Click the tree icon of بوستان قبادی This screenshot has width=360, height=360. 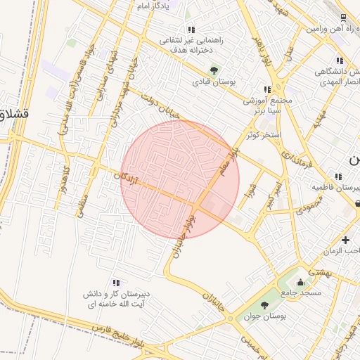[x=214, y=70]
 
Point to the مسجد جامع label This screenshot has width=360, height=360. [x=301, y=292]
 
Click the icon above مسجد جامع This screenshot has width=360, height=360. [x=302, y=281]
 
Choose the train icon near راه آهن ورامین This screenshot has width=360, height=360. [x=342, y=18]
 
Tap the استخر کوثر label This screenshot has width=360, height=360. [x=264, y=134]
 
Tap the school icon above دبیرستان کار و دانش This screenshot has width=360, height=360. [x=115, y=282]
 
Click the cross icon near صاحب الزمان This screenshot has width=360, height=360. [x=345, y=240]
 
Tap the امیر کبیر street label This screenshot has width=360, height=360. [x=272, y=193]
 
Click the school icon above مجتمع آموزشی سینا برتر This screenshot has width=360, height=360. [x=266, y=89]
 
